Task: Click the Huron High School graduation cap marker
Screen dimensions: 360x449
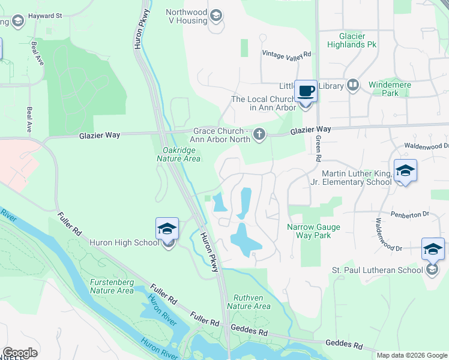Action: click(x=167, y=229)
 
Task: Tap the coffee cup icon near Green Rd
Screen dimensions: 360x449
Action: click(x=306, y=92)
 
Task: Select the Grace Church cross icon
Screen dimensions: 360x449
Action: click(x=259, y=134)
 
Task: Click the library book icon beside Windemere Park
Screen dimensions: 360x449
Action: click(x=352, y=86)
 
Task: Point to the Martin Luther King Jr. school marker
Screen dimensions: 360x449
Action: click(x=405, y=171)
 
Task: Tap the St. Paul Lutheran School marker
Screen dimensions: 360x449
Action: click(x=433, y=250)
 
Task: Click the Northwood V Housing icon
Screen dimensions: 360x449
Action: click(x=215, y=14)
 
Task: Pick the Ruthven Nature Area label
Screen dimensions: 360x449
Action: click(x=249, y=301)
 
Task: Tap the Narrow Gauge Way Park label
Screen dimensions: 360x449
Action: click(x=313, y=231)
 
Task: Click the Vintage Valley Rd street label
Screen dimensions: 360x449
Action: click(x=286, y=54)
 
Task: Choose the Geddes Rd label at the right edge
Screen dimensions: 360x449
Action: click(x=344, y=344)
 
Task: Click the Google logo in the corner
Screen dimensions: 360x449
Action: click(x=20, y=353)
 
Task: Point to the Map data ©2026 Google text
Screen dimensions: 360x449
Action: click(x=412, y=355)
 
